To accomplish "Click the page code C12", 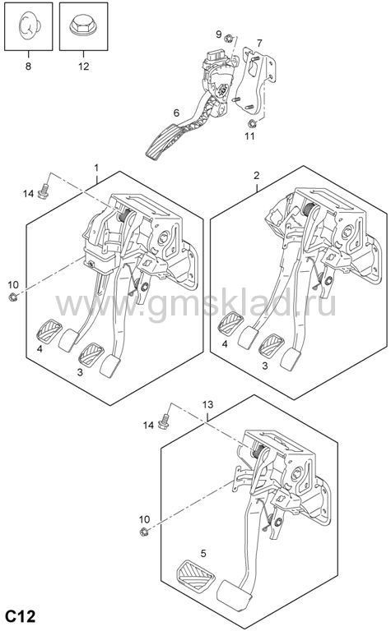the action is pyautogui.click(x=20, y=615).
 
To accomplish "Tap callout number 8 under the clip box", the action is pyautogui.click(x=28, y=66).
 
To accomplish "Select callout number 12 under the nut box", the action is pyautogui.click(x=83, y=66).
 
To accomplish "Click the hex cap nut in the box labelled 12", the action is pyautogui.click(x=83, y=25).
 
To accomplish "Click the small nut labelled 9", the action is pyautogui.click(x=228, y=39).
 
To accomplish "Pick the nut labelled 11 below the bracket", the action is pyautogui.click(x=252, y=123).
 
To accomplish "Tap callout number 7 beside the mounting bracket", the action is pyautogui.click(x=259, y=43).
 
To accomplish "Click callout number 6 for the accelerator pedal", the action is pyautogui.click(x=176, y=113).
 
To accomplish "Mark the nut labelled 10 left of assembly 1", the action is pyautogui.click(x=13, y=297).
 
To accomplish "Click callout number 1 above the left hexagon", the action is pyautogui.click(x=96, y=167).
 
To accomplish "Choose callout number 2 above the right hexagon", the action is pyautogui.click(x=257, y=176).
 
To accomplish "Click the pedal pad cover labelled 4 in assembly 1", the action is pyautogui.click(x=49, y=330).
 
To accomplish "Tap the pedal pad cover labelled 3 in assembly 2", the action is pyautogui.click(x=272, y=346).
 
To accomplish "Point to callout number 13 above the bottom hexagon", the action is pyautogui.click(x=207, y=404).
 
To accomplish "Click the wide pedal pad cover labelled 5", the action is pyautogui.click(x=195, y=575).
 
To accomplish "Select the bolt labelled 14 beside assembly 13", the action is pyautogui.click(x=164, y=421).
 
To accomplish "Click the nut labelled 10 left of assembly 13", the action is pyautogui.click(x=142, y=532).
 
